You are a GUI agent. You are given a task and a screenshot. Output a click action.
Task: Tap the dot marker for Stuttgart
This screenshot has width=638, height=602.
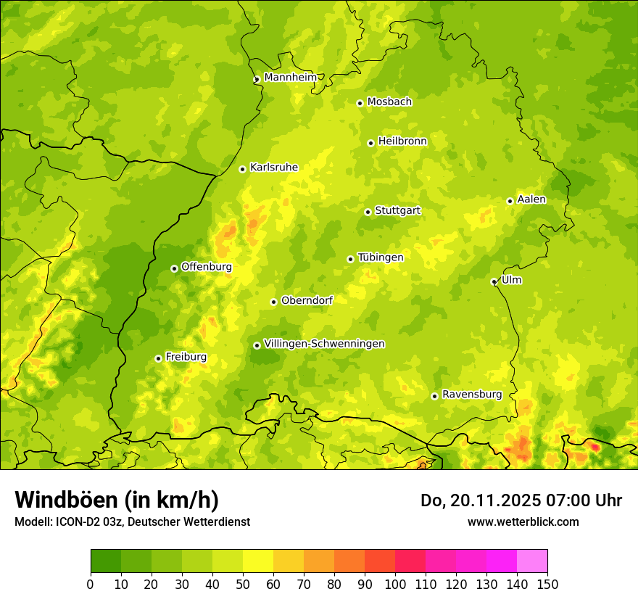[x=368, y=212]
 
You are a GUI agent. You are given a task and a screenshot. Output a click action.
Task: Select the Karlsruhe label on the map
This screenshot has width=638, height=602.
[x=273, y=168]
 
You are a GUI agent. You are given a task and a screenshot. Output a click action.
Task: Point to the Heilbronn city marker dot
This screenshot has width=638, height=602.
[x=370, y=143]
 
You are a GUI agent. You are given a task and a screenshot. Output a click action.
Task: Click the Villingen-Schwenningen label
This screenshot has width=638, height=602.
[x=324, y=344]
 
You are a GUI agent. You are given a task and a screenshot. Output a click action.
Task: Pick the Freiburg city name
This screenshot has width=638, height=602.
[x=186, y=357]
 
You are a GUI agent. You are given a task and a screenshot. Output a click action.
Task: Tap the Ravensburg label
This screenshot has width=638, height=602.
[x=471, y=395]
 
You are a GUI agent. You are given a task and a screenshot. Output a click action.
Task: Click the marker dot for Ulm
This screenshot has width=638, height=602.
[x=494, y=282]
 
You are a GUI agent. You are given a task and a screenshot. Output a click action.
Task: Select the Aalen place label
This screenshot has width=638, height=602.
[x=531, y=199]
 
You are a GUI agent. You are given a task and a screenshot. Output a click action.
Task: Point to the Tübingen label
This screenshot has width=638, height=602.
[x=380, y=257]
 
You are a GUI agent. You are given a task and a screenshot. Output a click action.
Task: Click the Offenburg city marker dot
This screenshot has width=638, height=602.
[x=174, y=268]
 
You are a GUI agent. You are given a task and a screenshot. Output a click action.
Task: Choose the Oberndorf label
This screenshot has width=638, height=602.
[x=307, y=300]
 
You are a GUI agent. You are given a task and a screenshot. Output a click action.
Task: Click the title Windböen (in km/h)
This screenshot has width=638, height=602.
[x=117, y=500]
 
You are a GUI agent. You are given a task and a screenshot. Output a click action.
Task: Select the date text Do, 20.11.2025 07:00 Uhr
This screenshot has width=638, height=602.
[x=521, y=500]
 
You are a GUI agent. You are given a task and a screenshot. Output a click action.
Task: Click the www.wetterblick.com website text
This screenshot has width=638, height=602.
[x=523, y=521]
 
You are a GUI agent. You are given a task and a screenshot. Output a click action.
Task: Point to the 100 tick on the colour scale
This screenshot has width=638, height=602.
[x=395, y=585]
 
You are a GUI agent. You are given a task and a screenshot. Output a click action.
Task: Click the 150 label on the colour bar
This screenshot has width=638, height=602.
[x=547, y=585]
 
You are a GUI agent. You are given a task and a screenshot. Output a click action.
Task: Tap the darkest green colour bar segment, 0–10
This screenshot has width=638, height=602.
[x=106, y=561]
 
